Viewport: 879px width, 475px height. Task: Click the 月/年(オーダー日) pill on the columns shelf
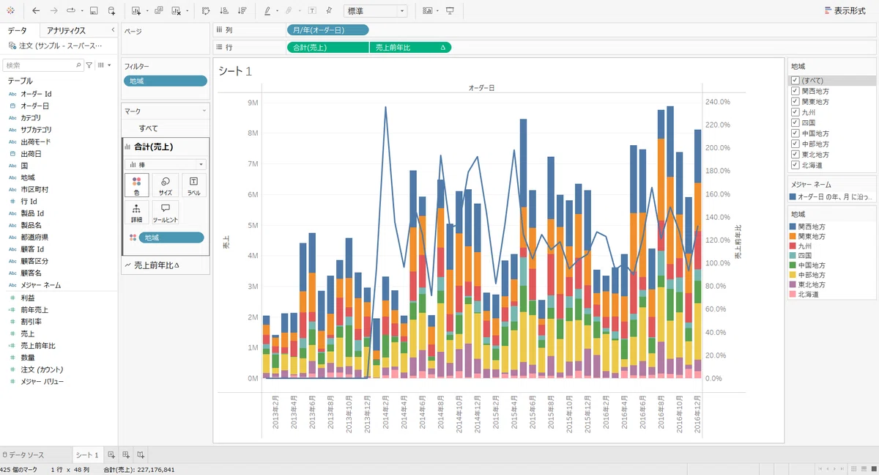[x=327, y=30]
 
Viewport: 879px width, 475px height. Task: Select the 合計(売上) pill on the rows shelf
[x=327, y=48]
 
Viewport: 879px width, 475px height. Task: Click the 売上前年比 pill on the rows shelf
[x=410, y=48]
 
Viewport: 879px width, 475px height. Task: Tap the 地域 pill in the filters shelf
[x=166, y=81]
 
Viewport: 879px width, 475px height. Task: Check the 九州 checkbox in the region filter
[x=795, y=112]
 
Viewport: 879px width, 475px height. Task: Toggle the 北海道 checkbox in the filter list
[x=795, y=165]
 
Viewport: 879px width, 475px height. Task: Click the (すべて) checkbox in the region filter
[x=795, y=81]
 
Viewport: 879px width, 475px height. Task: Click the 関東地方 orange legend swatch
[x=793, y=236]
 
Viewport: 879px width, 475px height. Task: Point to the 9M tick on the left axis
[x=253, y=103]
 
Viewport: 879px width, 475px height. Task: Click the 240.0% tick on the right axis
[x=718, y=102]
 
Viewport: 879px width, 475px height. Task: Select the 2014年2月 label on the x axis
[x=385, y=412]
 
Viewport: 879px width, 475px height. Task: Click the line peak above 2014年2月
[x=385, y=107]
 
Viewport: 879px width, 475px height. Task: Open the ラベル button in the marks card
[x=193, y=185]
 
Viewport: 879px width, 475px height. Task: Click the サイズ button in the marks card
[x=166, y=185]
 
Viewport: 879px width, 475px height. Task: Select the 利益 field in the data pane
[x=28, y=298]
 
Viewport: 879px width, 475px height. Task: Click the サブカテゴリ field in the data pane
[x=36, y=130]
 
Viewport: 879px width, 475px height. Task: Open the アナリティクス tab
[x=66, y=31]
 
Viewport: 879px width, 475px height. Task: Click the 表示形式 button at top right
[x=845, y=11]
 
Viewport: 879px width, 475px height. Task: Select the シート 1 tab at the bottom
[x=87, y=455]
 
